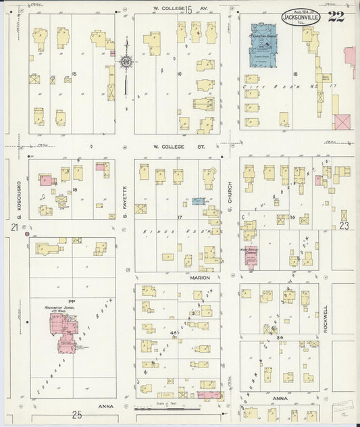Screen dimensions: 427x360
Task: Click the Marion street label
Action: tap(200, 278)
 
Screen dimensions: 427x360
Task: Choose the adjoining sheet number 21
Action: tap(14, 228)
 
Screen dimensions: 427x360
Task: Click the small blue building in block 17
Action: tap(198, 201)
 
